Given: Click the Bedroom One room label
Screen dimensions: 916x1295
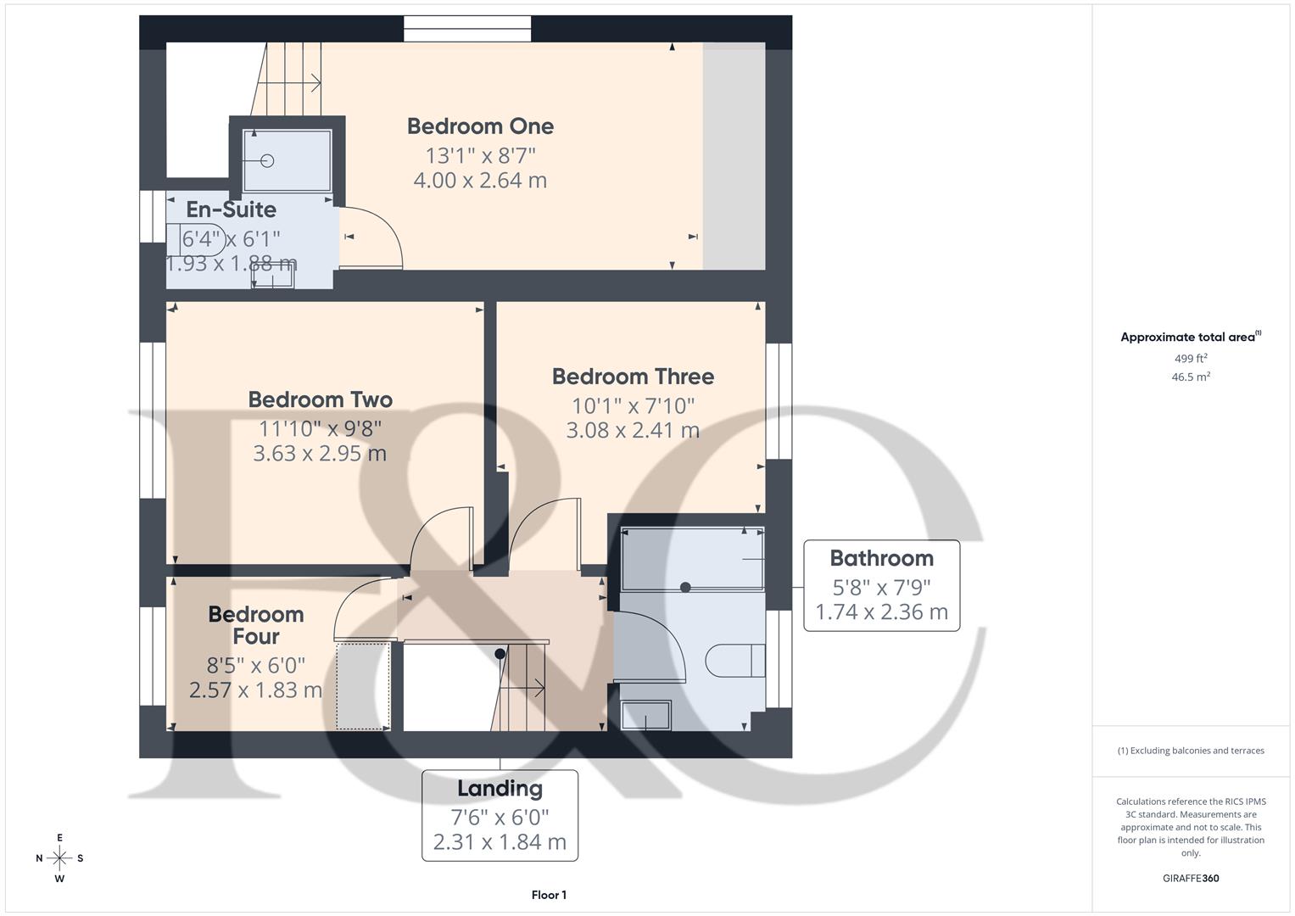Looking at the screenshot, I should coord(480,126).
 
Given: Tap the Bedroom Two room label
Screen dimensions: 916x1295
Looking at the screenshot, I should coord(320,399).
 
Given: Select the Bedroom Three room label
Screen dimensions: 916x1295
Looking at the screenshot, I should coord(633,377).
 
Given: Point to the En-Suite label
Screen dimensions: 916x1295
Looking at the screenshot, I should coord(231,209).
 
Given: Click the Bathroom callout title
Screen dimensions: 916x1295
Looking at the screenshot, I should coord(881,558).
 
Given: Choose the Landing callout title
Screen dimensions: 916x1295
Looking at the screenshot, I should coord(500,789).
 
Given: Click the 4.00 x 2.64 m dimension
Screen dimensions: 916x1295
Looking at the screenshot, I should coord(480,181).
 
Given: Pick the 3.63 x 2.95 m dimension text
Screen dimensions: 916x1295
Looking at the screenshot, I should coord(320,453).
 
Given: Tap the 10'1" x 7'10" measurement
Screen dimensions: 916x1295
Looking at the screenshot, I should coord(633,405).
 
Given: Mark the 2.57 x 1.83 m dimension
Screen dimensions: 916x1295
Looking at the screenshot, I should coord(255,690).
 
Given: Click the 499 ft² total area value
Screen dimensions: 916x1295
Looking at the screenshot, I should coord(1191,359).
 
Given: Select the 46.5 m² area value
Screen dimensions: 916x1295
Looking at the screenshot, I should coord(1191,377).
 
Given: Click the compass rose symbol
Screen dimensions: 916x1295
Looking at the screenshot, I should coord(59,858).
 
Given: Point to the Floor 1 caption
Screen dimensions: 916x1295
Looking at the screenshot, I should coord(549,895).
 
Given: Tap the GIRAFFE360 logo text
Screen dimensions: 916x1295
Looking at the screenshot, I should coord(1191,879).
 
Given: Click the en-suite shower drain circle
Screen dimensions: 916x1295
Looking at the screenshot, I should coord(269,160).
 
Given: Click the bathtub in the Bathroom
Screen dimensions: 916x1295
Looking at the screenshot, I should coord(692,560).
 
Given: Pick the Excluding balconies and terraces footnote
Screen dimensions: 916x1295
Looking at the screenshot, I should coord(1191,751).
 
